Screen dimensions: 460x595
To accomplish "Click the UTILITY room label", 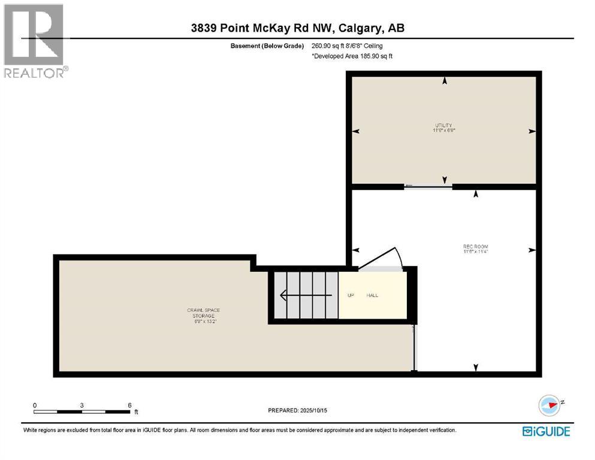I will (443, 127).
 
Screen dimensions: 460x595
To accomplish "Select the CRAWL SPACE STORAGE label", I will (203, 315).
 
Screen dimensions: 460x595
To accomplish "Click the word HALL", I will (372, 295).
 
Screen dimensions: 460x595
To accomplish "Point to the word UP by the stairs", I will (351, 295).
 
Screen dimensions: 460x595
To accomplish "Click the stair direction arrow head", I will (284, 295).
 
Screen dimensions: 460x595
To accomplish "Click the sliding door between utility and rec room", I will (428, 186).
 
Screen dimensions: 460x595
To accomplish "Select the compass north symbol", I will (549, 404).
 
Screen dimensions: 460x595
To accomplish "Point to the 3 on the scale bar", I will (81, 405).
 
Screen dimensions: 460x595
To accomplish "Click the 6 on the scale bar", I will (129, 405).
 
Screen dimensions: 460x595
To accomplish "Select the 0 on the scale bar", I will (35, 405).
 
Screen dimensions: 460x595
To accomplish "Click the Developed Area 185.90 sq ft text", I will (352, 56).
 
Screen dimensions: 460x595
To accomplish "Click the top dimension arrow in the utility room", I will (444, 81).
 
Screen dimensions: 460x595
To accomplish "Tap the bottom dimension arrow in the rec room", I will (476, 367).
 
